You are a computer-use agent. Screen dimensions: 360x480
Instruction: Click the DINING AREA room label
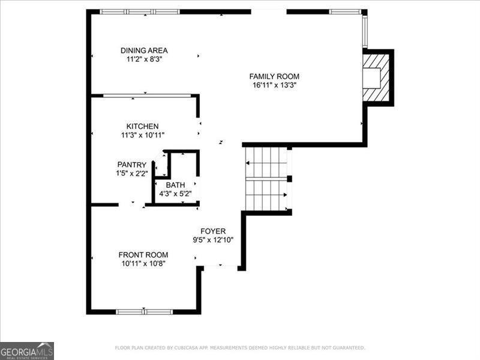144,50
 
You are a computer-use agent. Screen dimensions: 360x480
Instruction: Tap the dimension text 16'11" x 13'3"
274,85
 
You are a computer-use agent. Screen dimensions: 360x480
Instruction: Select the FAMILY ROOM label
274,76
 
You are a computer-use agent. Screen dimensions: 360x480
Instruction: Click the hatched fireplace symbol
377,77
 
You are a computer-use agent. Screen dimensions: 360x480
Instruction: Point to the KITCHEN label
142,126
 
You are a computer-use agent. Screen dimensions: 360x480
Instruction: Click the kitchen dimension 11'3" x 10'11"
142,135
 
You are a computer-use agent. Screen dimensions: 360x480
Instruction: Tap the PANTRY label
131,164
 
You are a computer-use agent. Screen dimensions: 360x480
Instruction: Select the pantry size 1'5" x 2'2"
131,173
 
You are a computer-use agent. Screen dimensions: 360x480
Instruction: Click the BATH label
176,185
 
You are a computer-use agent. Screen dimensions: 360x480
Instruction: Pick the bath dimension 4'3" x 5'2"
176,193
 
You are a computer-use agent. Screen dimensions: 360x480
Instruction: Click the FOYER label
213,231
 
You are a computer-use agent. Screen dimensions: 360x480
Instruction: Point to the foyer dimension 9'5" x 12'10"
213,240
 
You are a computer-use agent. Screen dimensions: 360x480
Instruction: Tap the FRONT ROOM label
143,254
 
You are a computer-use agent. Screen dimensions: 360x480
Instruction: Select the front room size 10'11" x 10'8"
143,263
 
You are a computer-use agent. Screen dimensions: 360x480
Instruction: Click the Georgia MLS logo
27,350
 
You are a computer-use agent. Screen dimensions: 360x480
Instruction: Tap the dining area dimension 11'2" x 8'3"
144,59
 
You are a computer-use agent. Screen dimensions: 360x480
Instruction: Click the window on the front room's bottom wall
144,311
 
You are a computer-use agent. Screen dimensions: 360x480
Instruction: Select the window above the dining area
139,11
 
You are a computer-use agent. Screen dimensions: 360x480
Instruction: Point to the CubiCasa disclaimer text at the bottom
240,347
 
